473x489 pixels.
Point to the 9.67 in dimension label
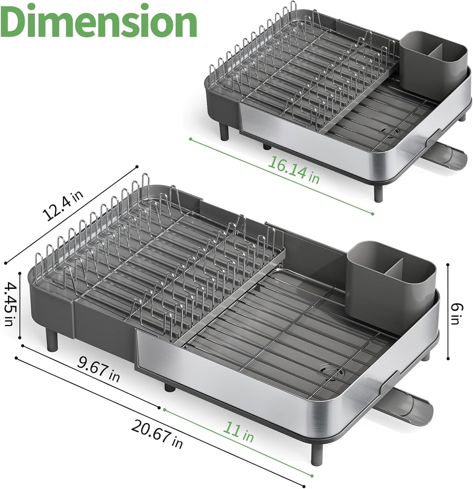pyautogui.click(x=99, y=370)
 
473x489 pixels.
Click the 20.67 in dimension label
pyautogui.click(x=157, y=433)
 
